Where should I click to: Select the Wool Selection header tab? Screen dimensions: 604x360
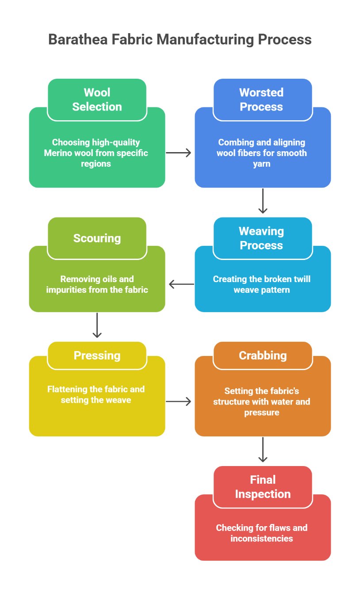point(97,99)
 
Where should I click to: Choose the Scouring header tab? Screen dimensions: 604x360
point(97,238)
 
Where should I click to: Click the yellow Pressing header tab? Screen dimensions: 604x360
point(97,356)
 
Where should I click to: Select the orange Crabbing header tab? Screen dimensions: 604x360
point(263,356)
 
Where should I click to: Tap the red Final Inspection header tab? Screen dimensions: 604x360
point(263,487)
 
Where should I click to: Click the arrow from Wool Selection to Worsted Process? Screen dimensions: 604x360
point(178,153)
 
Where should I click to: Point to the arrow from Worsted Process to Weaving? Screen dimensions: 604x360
point(263,201)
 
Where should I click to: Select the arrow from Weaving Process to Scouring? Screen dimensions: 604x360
point(181,284)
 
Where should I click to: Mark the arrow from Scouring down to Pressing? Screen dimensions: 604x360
point(97,325)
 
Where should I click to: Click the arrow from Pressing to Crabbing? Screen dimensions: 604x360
point(178,401)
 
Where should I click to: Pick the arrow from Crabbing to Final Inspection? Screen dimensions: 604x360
point(263,450)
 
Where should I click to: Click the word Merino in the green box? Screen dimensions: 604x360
point(56,153)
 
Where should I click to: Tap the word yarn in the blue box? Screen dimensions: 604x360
point(262,164)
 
